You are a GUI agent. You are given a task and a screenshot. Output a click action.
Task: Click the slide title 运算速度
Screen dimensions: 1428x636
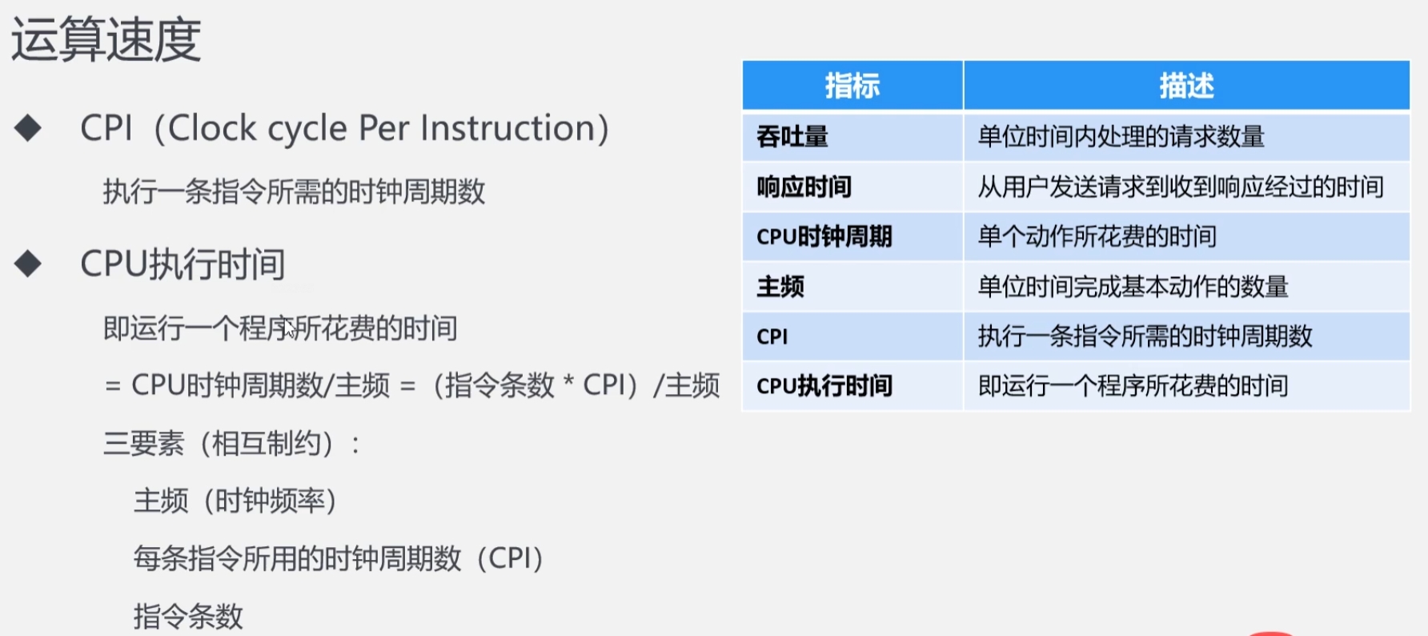106,40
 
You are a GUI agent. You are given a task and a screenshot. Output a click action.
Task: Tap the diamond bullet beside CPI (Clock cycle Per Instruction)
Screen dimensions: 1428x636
28,128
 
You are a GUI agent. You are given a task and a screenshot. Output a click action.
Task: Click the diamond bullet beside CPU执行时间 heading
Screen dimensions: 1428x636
28,264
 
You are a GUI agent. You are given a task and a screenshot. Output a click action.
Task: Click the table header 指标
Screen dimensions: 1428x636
852,86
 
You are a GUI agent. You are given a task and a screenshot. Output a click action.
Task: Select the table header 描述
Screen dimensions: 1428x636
1187,86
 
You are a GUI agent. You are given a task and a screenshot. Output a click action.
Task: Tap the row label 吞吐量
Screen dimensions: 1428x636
792,137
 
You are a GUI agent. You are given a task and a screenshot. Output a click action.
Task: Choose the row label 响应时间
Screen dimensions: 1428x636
804,187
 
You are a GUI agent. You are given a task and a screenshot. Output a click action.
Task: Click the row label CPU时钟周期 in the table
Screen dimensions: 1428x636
824,236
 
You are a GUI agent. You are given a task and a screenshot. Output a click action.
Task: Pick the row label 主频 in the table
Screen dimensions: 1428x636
780,286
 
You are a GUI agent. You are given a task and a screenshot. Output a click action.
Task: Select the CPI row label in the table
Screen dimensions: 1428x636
772,336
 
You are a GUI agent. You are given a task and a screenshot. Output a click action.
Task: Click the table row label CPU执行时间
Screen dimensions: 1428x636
824,386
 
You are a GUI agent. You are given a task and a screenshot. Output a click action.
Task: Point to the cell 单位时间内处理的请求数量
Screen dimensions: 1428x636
1121,137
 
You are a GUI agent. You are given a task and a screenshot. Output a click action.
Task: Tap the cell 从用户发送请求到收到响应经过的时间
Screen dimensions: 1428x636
1181,187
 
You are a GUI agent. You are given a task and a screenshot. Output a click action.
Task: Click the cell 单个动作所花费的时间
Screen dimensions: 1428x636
1097,236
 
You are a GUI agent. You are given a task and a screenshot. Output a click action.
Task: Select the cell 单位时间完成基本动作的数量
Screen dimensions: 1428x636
1133,286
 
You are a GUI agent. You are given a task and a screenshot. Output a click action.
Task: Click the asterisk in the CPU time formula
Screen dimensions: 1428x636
568,381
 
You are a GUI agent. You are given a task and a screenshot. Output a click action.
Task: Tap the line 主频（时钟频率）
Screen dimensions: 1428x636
235,501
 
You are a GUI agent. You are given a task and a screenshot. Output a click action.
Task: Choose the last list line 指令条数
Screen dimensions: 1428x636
188,617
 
